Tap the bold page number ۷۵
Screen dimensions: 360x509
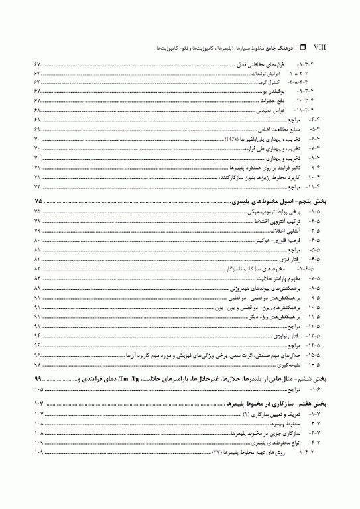38,200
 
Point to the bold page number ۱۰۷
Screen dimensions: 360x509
37,404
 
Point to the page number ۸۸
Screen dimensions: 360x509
38,290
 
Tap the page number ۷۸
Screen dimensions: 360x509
38,219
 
